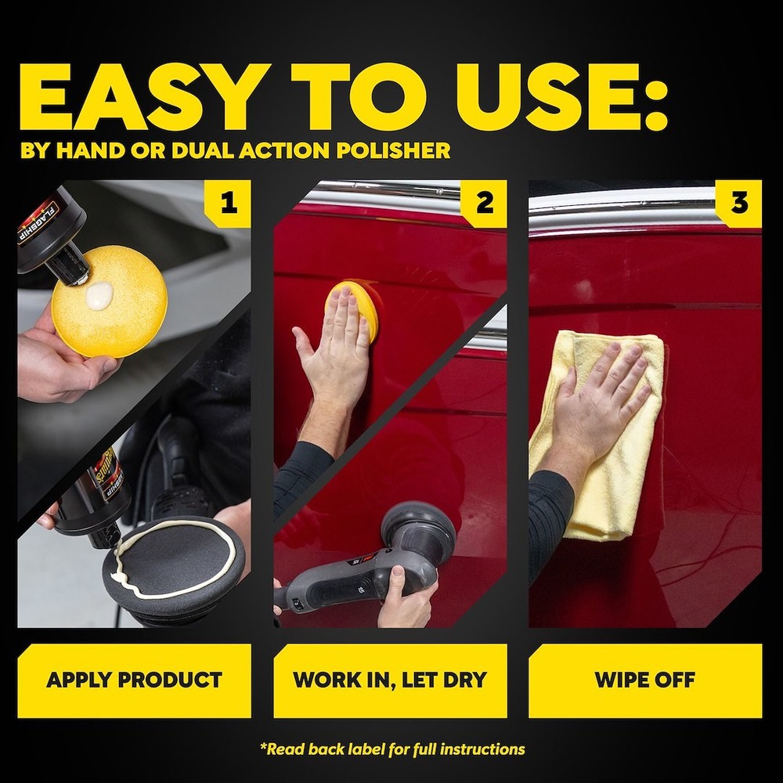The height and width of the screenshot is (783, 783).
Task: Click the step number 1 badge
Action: pos(228,203)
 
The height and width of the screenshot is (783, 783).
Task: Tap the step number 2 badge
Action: pos(484,203)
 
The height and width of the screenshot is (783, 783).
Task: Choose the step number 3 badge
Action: pos(738,203)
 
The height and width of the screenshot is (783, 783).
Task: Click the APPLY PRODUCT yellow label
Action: pos(134,680)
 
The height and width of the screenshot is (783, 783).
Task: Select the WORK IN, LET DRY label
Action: pos(390,680)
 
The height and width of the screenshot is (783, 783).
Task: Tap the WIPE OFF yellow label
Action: pos(644,680)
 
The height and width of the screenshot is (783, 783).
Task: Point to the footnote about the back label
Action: pos(391,749)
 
